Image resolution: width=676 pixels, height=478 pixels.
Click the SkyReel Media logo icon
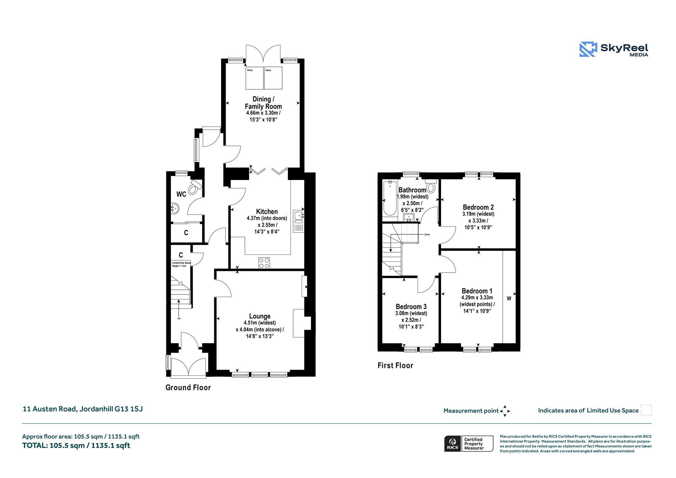click(588, 49)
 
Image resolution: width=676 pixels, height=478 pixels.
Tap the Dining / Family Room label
click(263, 103)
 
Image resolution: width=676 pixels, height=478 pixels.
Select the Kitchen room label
click(267, 212)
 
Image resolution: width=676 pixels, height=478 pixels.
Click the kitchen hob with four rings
click(264, 263)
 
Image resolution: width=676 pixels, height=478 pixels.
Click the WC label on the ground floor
click(181, 194)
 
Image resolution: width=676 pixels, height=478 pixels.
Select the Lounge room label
click(260, 316)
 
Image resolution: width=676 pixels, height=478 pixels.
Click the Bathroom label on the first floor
click(412, 190)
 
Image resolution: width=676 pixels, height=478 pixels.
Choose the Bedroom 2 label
click(478, 207)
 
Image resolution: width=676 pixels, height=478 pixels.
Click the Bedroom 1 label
click(477, 291)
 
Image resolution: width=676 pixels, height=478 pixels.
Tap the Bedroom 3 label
click(411, 307)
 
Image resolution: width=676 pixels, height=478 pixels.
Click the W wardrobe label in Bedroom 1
click(509, 298)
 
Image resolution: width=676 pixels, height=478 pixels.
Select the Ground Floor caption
click(188, 388)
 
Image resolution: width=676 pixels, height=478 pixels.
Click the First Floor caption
click(395, 365)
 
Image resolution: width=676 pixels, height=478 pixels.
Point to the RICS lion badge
click(453, 444)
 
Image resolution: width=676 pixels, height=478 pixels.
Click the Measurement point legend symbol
click(505, 411)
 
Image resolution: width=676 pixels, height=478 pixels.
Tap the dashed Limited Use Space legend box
click(646, 410)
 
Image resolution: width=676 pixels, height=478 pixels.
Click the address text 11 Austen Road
click(50, 409)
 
